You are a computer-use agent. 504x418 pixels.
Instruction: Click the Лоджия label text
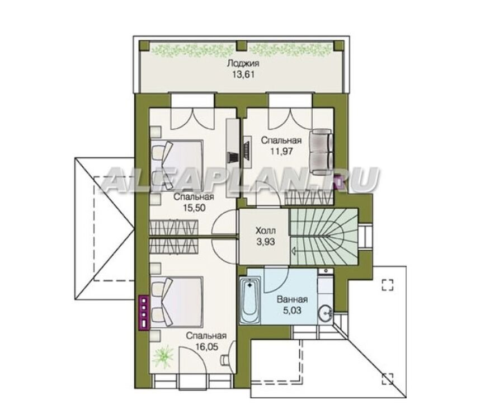click(x=243, y=63)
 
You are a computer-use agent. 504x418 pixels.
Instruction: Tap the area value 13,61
click(x=243, y=75)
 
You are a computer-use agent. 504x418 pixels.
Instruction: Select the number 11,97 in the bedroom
click(x=281, y=151)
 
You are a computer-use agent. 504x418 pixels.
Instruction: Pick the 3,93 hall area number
click(x=266, y=241)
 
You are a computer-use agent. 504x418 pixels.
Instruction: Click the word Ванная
click(x=292, y=299)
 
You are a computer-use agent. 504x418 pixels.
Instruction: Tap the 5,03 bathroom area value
click(x=292, y=311)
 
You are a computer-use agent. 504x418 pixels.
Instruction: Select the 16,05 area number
click(x=206, y=346)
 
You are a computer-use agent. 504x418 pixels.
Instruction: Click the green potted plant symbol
click(x=163, y=356)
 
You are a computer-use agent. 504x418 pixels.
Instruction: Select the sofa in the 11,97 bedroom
click(x=321, y=152)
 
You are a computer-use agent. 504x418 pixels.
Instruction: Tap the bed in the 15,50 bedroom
click(x=176, y=165)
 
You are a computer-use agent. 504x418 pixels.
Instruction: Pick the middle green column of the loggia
click(x=242, y=45)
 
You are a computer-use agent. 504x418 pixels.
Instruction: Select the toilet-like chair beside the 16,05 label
click(x=225, y=360)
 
